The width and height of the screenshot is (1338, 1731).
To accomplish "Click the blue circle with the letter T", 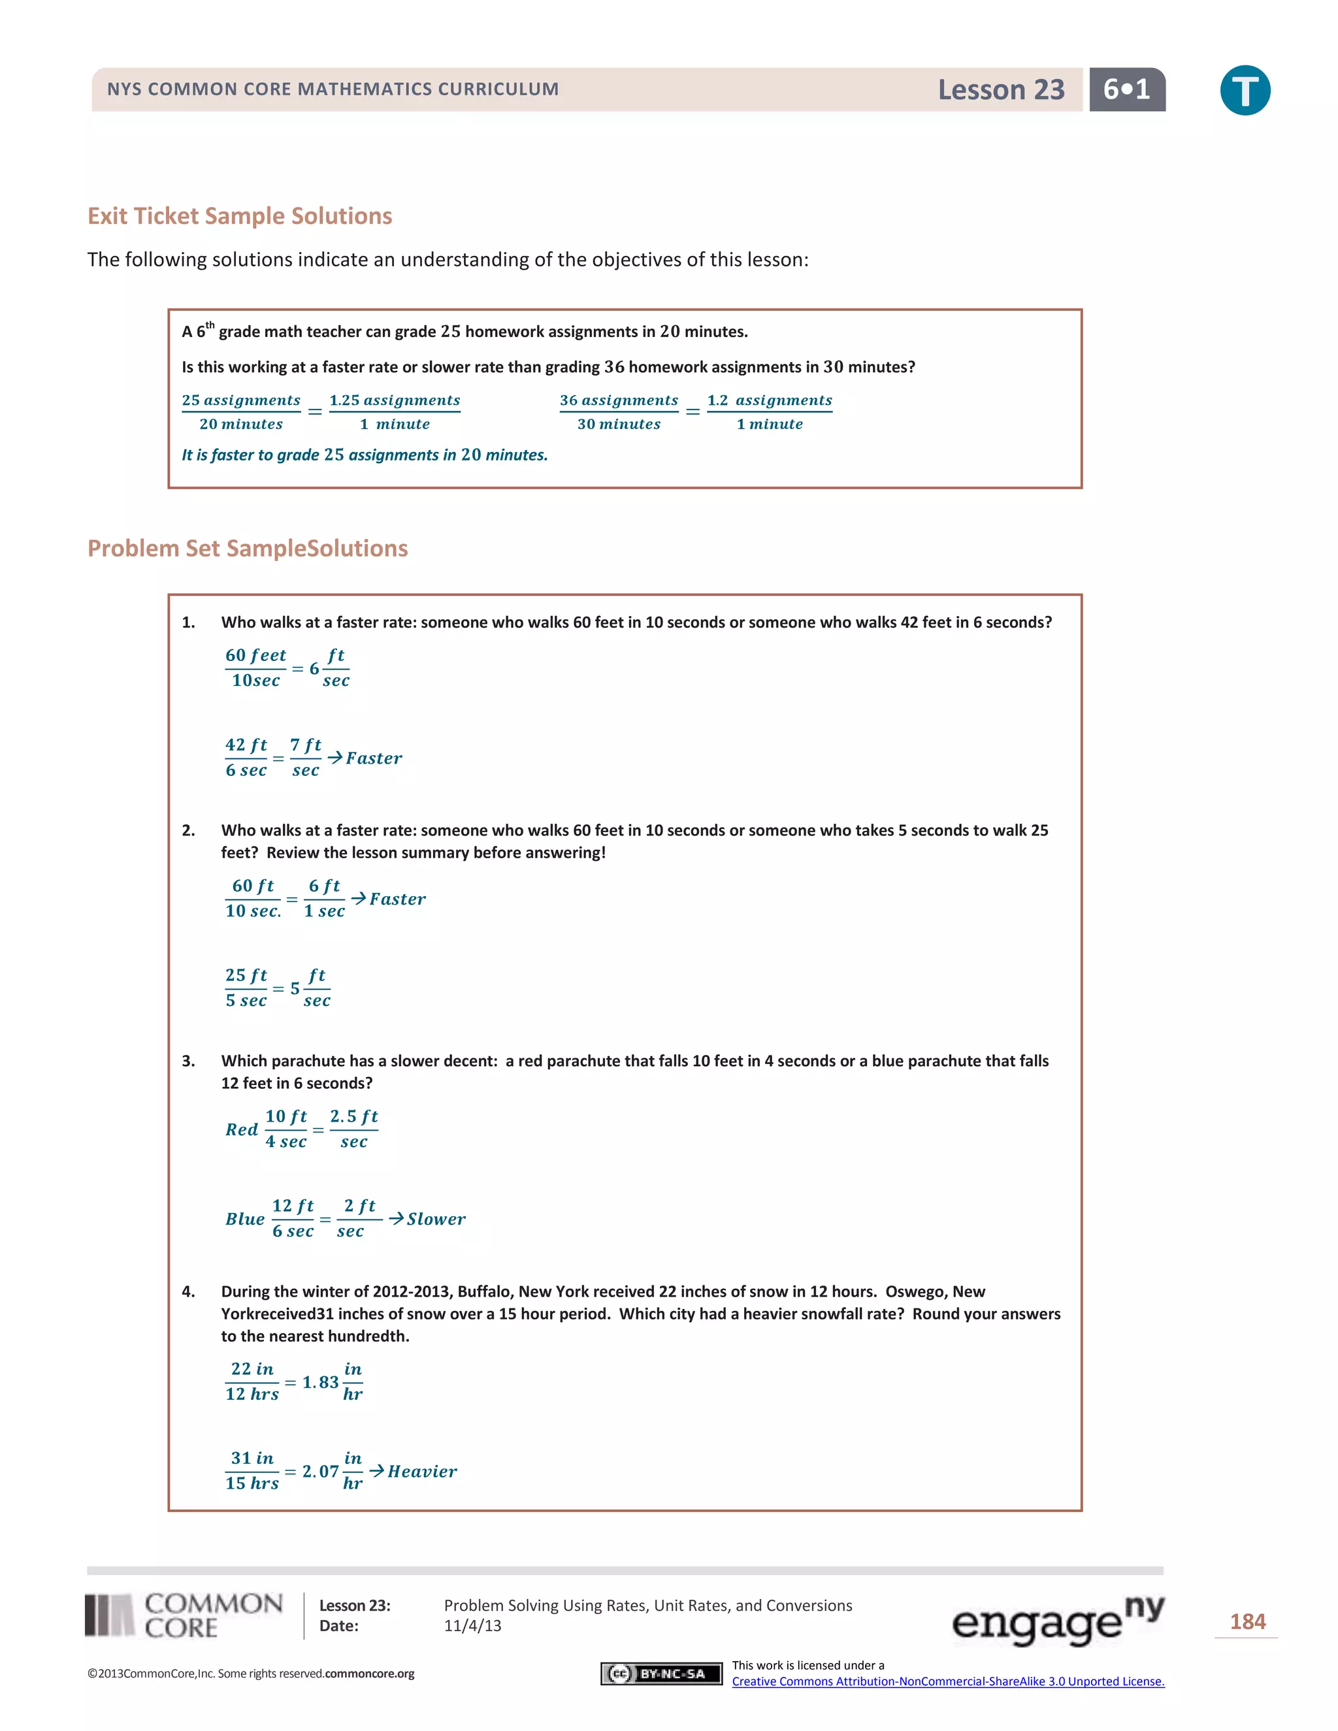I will pyautogui.click(x=1245, y=90).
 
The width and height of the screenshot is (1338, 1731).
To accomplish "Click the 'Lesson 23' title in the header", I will pyautogui.click(x=1000, y=89).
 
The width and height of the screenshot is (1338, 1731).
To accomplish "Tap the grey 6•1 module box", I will pyautogui.click(x=1126, y=89).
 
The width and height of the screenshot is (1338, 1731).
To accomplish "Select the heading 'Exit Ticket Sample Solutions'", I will pyautogui.click(x=239, y=216).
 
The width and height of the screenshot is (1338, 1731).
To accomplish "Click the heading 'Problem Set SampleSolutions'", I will pyautogui.click(x=248, y=549).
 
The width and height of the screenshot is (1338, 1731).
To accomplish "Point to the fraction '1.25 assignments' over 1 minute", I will pyautogui.click(x=395, y=412).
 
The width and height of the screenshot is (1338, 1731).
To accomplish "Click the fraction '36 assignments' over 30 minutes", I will pyautogui.click(x=618, y=412).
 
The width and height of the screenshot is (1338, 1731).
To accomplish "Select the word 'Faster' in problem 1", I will pyautogui.click(x=374, y=758).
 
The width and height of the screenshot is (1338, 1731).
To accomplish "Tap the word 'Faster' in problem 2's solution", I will pyautogui.click(x=397, y=899).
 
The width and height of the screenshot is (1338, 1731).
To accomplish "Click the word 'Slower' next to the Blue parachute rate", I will pyautogui.click(x=436, y=1219).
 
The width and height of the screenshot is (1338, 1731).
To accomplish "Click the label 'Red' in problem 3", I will pyautogui.click(x=242, y=1129).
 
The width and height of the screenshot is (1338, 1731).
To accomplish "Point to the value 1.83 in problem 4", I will pyautogui.click(x=320, y=1382).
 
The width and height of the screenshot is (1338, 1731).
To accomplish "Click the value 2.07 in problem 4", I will pyautogui.click(x=320, y=1471).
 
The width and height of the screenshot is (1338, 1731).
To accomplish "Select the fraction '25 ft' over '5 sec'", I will pyautogui.click(x=246, y=988).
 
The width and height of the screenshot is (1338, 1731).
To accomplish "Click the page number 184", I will pyautogui.click(x=1247, y=1622).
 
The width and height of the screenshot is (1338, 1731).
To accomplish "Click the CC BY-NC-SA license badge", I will pyautogui.click(x=661, y=1673).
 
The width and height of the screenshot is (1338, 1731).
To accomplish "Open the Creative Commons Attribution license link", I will pyautogui.click(x=947, y=1681).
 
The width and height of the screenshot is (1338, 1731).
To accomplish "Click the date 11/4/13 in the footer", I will pyautogui.click(x=472, y=1626).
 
